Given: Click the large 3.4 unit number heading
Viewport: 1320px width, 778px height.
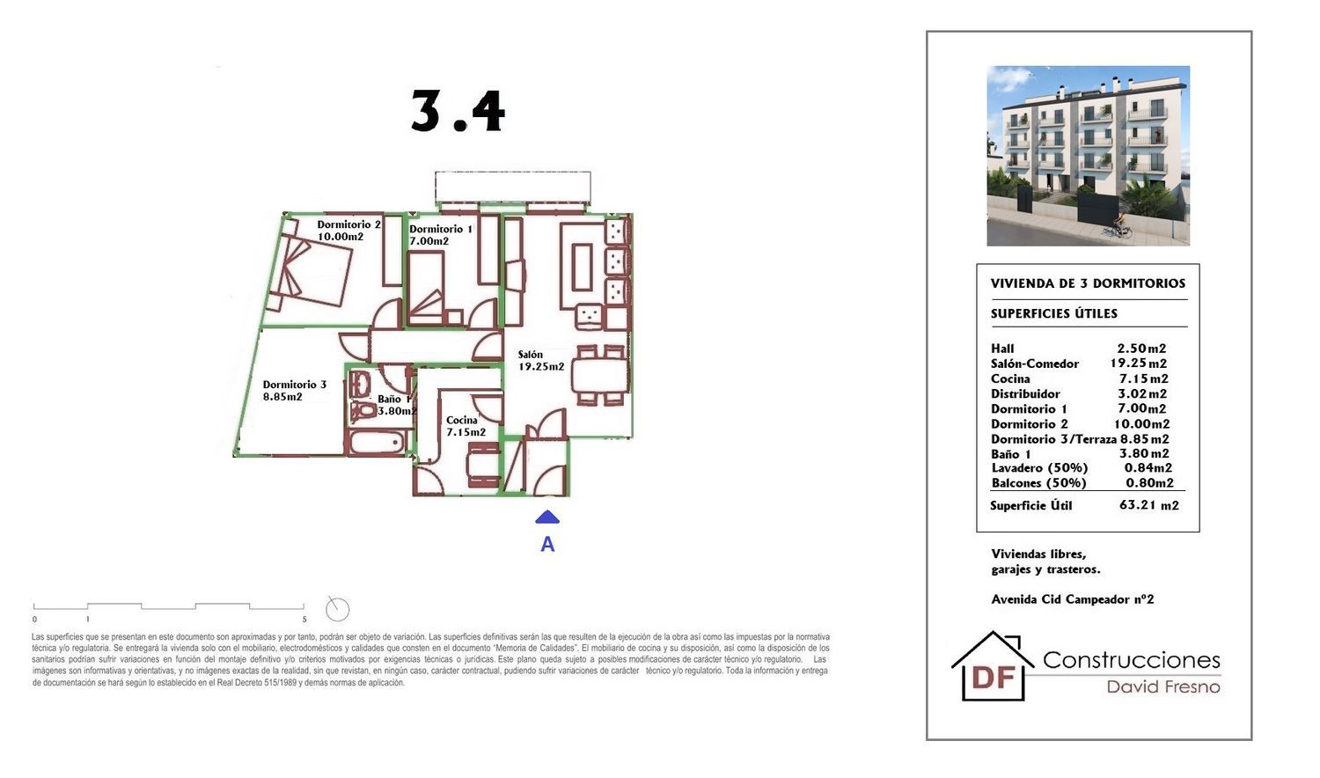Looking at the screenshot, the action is coord(458,112).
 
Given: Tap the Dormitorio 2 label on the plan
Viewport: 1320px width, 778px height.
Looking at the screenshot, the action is coord(348,231).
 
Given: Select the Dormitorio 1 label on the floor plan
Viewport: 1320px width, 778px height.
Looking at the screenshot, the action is coord(441,235).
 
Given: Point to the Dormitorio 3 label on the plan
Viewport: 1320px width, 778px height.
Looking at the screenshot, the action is coord(294,390).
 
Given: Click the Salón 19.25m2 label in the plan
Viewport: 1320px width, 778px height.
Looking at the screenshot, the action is coord(541,360).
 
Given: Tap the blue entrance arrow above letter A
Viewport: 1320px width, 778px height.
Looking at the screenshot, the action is coord(547,517).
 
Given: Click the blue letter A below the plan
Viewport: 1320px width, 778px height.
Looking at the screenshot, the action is coord(547,545).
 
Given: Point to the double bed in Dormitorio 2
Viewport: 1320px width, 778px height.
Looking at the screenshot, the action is coord(310,271).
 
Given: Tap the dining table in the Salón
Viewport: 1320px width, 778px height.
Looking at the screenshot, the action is coord(600,376).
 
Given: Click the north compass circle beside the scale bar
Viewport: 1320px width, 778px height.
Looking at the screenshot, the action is coord(337,609).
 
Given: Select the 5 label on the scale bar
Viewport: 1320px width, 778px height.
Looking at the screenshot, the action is coord(304,620).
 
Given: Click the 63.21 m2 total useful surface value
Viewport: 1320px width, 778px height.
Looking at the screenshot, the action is coord(1149,505).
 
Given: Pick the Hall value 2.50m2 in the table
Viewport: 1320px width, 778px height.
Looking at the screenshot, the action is coord(1141,349).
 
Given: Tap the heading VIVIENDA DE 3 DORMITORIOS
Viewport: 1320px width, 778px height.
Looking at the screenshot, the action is coord(1088,283).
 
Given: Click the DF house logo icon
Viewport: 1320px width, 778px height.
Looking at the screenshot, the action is coord(993,666).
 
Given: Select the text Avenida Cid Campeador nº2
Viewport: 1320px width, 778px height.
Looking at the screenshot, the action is coord(1073,599).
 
